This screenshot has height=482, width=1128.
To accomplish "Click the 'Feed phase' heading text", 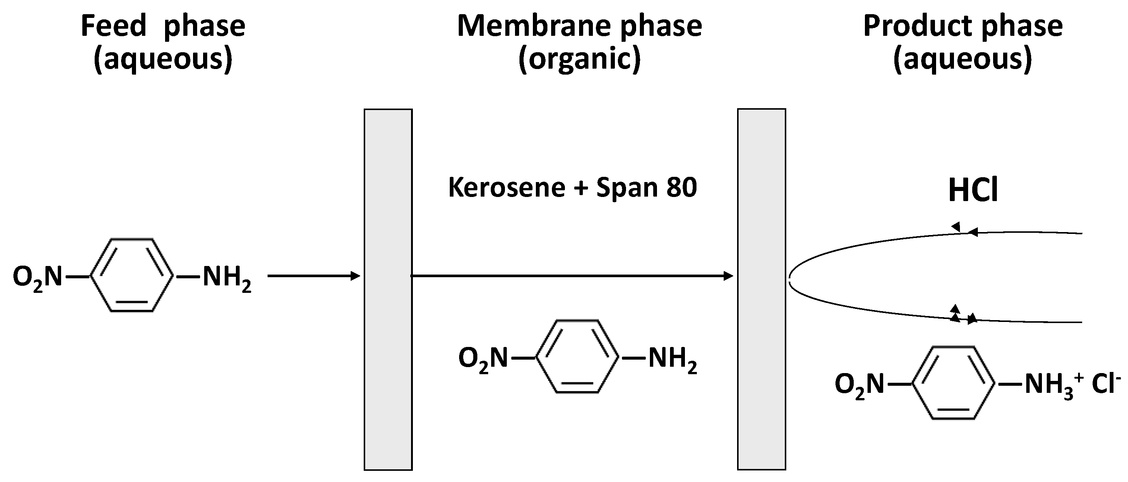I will pyautogui.click(x=163, y=26).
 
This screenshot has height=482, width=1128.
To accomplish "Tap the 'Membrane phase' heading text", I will pyautogui.click(x=579, y=26).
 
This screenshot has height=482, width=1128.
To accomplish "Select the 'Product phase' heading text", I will pyautogui.click(x=963, y=26).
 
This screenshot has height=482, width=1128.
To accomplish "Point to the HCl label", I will pyautogui.click(x=973, y=191).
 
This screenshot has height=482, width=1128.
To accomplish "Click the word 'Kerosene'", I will pyautogui.click(x=507, y=188).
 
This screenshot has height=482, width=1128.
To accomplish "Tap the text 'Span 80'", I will pyautogui.click(x=646, y=188).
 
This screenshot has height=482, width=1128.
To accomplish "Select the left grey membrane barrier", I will pyautogui.click(x=388, y=289).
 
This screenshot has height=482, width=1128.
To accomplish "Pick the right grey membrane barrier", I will pyautogui.click(x=761, y=289).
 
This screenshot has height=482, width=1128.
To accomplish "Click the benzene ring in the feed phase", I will pyautogui.click(x=132, y=276).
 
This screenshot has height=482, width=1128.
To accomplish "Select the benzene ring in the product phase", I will pyautogui.click(x=953, y=384).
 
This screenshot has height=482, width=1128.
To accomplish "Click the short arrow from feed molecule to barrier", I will pyautogui.click(x=313, y=276).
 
